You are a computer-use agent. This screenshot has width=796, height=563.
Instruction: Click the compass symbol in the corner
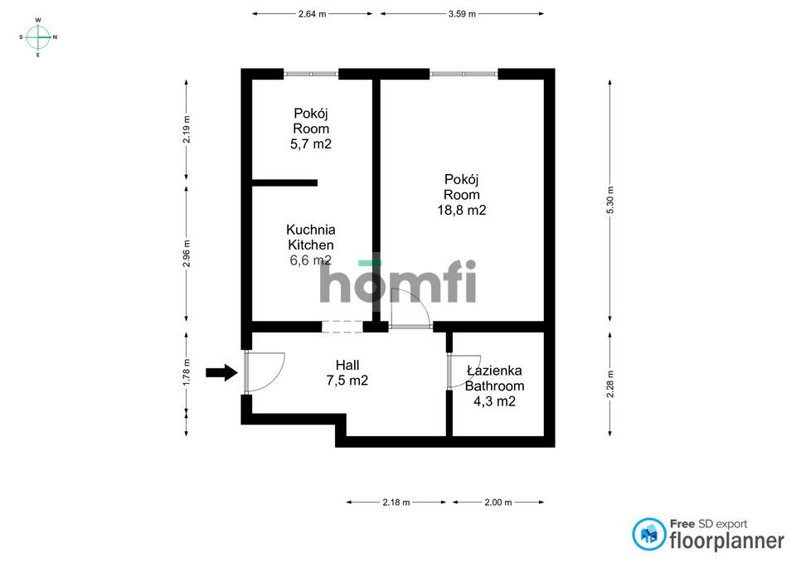point(38,36)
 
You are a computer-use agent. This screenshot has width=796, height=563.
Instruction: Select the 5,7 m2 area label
point(311,144)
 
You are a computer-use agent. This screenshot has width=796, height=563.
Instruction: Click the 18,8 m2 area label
point(463,211)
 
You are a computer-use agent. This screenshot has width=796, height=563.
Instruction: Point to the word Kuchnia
point(311,230)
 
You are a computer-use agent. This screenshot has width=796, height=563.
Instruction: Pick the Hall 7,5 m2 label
point(347,373)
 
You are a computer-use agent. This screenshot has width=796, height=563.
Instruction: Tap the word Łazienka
point(494,371)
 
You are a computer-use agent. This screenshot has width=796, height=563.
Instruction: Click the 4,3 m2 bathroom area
point(495,401)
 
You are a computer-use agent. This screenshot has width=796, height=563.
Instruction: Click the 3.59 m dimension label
point(462,13)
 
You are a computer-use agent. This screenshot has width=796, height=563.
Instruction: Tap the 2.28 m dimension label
point(610,383)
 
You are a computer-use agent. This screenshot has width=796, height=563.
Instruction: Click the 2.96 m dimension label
point(187,254)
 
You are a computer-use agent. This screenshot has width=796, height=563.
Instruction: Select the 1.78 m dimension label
point(187,371)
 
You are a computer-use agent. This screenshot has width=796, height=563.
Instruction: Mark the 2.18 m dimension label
point(396,502)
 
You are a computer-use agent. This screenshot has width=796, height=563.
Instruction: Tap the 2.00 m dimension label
point(497,502)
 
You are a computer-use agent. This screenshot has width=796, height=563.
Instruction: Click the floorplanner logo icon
point(649,534)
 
